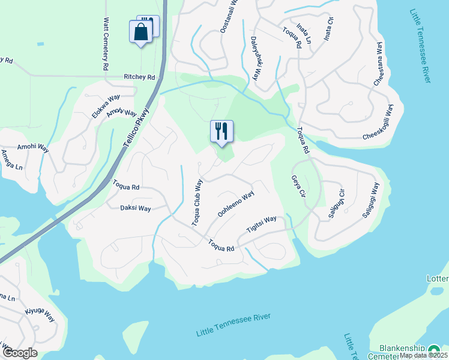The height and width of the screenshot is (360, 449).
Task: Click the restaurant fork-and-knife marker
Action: pos(221,131)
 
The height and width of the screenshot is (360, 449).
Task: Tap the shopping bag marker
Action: pos(141,31)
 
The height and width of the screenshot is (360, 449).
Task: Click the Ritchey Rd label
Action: pos(139,77)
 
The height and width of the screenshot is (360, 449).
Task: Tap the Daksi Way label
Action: pos(136,208)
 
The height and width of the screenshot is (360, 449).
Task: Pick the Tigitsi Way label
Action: pos(262,224)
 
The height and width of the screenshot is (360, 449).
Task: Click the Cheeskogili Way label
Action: pos(378,122)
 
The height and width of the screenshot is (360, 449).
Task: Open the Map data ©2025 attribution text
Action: pos(423,355)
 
